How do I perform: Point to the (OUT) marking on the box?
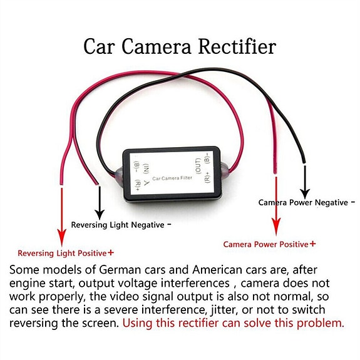pyautogui.click(x=198, y=166)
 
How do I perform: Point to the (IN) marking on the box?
pyautogui.click(x=146, y=168)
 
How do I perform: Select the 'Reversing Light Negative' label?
pyautogui.click(x=118, y=225)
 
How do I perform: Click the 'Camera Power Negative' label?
pyautogui.click(x=304, y=202)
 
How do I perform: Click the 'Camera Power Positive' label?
pyautogui.click(x=266, y=244)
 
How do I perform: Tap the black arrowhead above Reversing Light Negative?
pyautogui.click(x=98, y=212)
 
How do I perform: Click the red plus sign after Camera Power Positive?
pyautogui.click(x=312, y=244)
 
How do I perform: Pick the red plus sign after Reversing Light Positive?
pyautogui.click(x=111, y=253)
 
